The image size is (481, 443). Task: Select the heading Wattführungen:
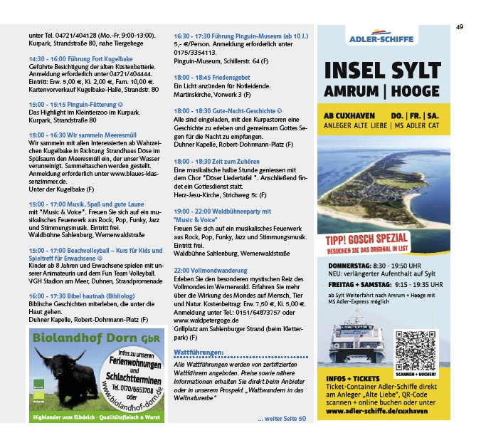tap(199, 353)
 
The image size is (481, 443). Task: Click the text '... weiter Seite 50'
tap(281, 418)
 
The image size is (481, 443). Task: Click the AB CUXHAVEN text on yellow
tap(349, 114)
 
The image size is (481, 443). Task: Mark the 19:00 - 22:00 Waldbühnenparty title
tap(221, 212)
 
